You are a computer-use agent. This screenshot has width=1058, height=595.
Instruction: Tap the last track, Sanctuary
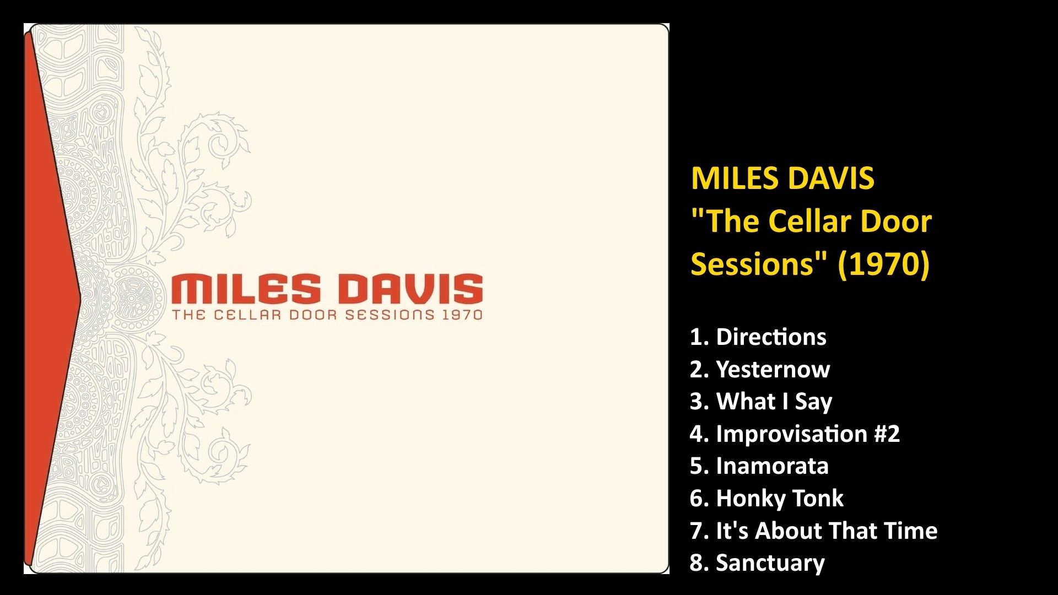tap(770, 562)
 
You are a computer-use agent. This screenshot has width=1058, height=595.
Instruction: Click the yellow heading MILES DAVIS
tap(782, 178)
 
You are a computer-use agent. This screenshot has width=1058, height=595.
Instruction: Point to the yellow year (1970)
tap(883, 263)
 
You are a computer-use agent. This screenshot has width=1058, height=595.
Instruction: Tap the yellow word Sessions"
tap(759, 263)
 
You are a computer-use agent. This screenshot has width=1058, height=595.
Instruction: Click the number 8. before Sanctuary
tap(699, 562)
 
